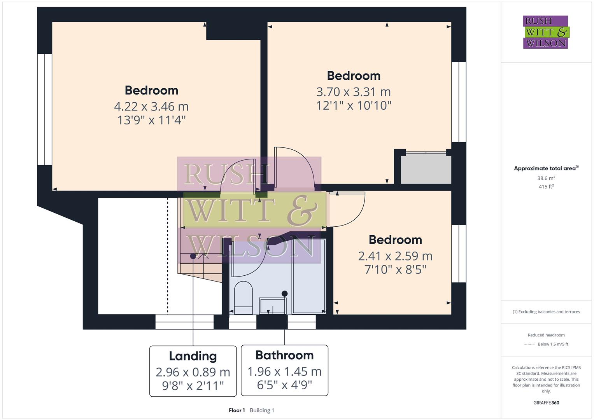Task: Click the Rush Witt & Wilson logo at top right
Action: click(545, 32)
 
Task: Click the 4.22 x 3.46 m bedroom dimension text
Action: click(151, 106)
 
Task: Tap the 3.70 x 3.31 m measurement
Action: click(353, 92)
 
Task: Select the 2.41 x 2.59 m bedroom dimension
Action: click(395, 256)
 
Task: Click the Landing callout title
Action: click(193, 356)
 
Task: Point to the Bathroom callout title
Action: click(284, 355)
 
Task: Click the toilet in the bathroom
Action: click(244, 297)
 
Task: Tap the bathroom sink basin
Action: click(273, 306)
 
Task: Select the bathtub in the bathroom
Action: click(308, 276)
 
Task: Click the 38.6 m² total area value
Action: click(546, 178)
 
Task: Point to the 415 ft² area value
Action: click(546, 187)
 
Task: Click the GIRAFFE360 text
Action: click(546, 402)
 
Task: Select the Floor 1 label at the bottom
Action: click(237, 410)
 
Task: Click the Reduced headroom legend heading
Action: click(546, 335)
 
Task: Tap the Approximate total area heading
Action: click(545, 168)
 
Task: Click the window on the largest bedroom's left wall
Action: click(45, 109)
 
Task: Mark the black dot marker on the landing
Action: click(193, 256)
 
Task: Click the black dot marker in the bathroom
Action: click(285, 294)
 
